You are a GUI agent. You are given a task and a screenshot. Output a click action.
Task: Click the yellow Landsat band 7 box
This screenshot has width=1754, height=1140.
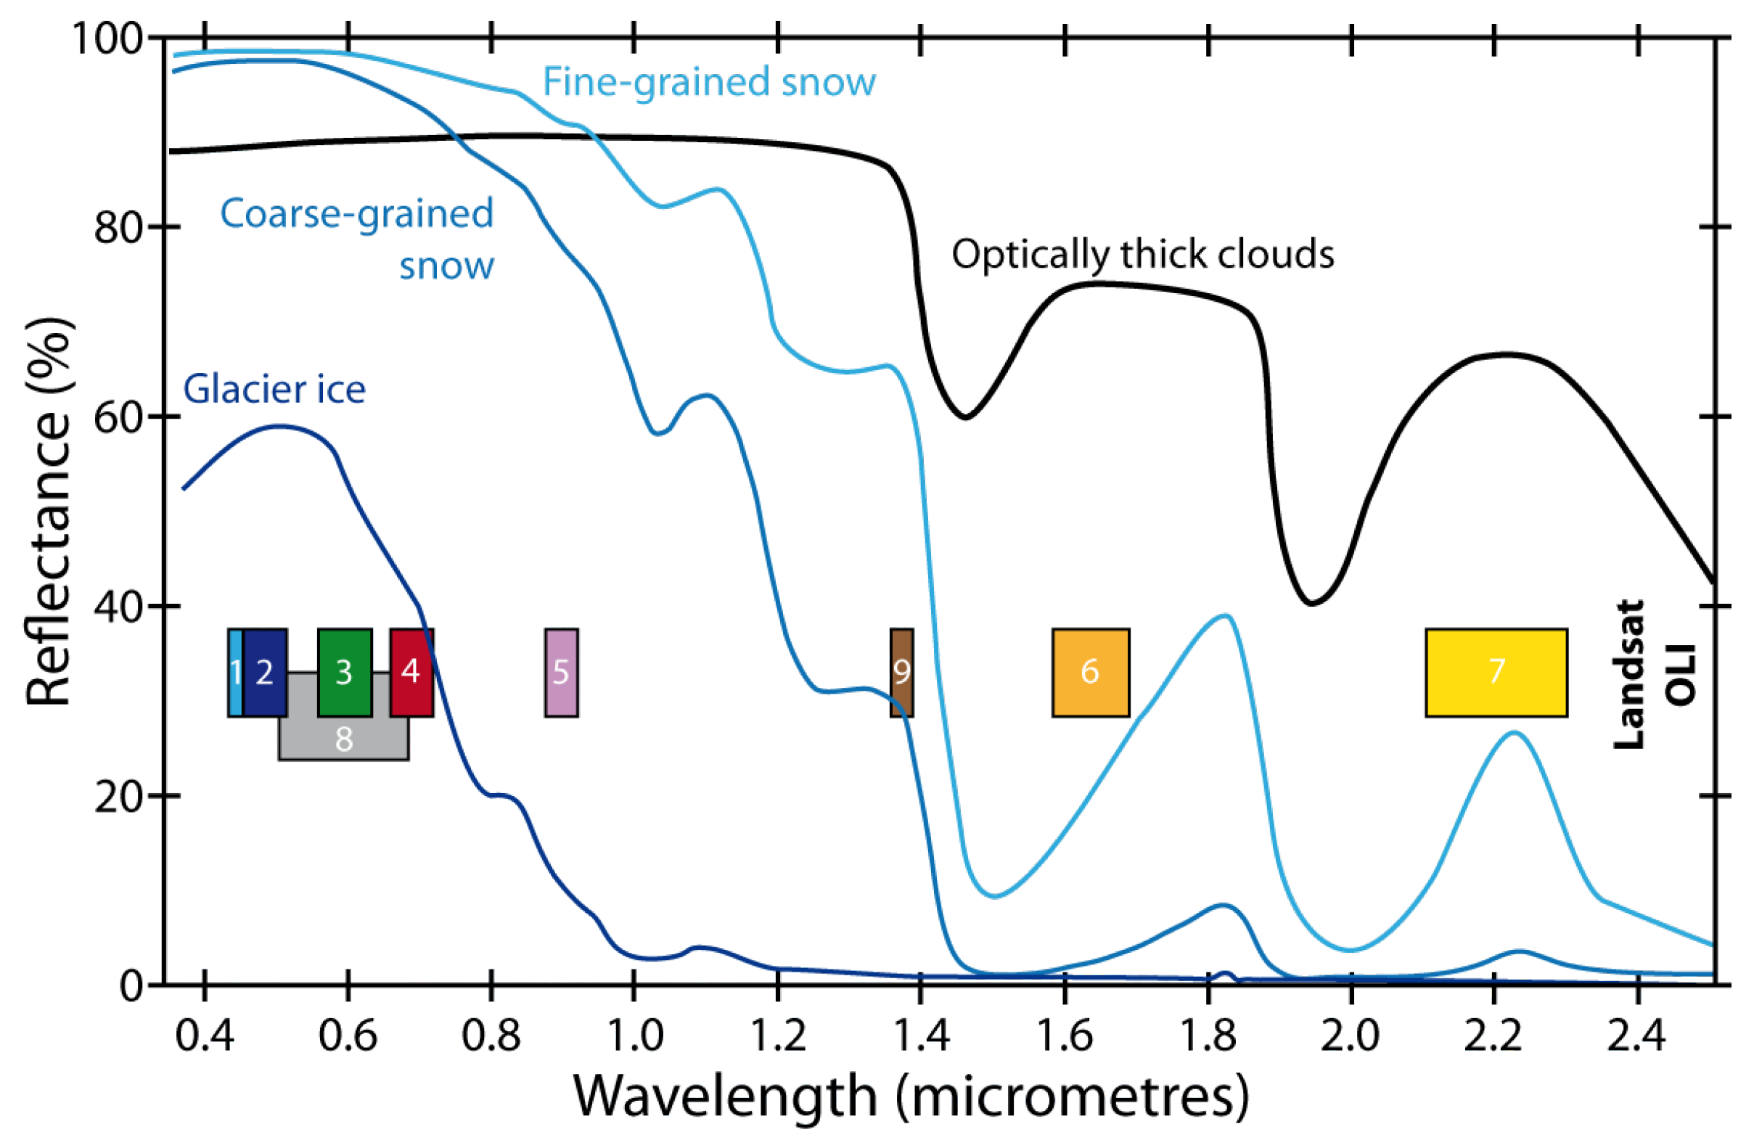click(1496, 672)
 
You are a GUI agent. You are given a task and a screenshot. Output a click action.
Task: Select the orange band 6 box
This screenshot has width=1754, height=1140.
click(1090, 672)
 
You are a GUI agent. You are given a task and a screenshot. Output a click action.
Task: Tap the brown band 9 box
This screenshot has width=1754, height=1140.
click(901, 672)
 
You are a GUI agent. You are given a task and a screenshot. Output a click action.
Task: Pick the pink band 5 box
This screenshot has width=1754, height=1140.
click(561, 672)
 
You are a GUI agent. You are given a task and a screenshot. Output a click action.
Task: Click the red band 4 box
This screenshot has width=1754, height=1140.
click(411, 672)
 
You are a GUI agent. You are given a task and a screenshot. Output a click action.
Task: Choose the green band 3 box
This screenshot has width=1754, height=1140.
click(344, 672)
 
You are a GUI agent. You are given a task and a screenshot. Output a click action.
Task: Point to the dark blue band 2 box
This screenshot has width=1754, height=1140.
click(265, 672)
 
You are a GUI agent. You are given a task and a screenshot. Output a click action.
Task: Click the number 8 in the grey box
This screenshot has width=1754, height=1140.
click(344, 739)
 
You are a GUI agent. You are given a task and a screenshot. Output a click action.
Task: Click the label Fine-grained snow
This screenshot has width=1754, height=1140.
click(709, 82)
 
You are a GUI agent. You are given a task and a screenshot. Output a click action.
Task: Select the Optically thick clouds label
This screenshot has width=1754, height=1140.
click(1142, 254)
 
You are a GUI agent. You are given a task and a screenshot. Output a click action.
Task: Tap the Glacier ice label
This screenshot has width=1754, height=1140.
click(274, 389)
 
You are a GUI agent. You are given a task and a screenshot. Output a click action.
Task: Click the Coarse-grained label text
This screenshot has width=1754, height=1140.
click(357, 213)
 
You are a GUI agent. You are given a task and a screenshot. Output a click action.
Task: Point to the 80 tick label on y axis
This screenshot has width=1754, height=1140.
click(118, 228)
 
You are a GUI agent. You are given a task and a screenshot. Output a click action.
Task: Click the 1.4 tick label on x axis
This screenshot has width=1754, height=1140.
click(919, 1036)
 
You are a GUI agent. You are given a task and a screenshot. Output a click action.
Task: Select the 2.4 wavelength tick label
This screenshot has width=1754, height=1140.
click(1636, 1036)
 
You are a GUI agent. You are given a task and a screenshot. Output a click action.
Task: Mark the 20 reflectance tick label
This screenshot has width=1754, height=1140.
click(118, 797)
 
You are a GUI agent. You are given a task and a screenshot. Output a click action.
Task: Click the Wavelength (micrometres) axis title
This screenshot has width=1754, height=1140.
click(911, 1096)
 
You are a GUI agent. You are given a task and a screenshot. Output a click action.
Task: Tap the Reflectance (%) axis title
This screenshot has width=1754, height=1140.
click(49, 512)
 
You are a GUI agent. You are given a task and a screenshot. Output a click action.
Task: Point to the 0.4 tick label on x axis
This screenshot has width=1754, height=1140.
click(205, 1036)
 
